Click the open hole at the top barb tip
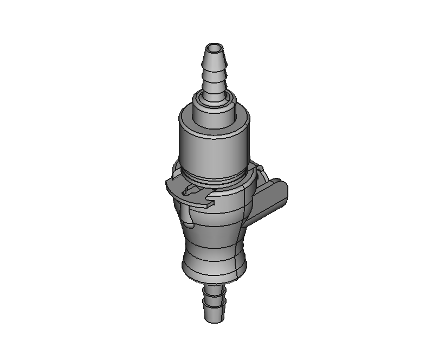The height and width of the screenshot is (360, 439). coord(215,43)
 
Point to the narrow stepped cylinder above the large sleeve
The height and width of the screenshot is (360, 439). coord(215,115)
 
